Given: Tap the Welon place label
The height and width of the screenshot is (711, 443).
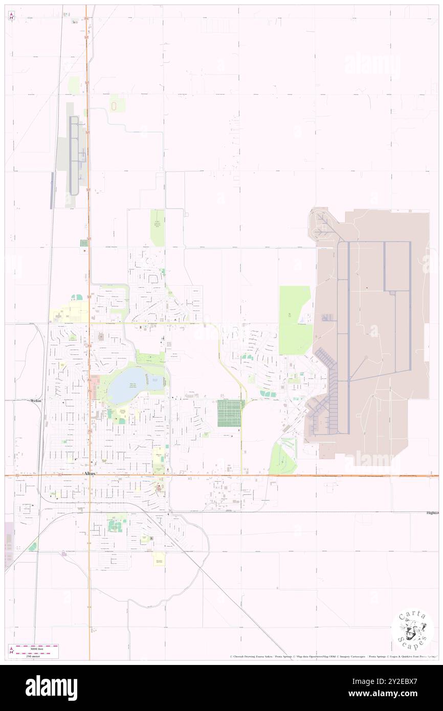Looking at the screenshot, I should click(35, 401).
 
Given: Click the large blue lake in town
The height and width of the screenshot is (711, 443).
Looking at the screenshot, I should click(125, 387).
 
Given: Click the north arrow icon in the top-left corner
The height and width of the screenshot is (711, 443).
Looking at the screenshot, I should click(11, 16).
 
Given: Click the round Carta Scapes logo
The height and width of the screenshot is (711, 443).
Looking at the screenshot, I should click(412, 631).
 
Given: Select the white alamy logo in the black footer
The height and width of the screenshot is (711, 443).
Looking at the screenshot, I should click(51, 688).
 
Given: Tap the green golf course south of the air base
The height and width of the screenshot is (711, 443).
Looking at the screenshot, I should click(283, 457).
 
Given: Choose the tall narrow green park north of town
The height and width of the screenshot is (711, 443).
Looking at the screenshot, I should click(158, 228).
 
